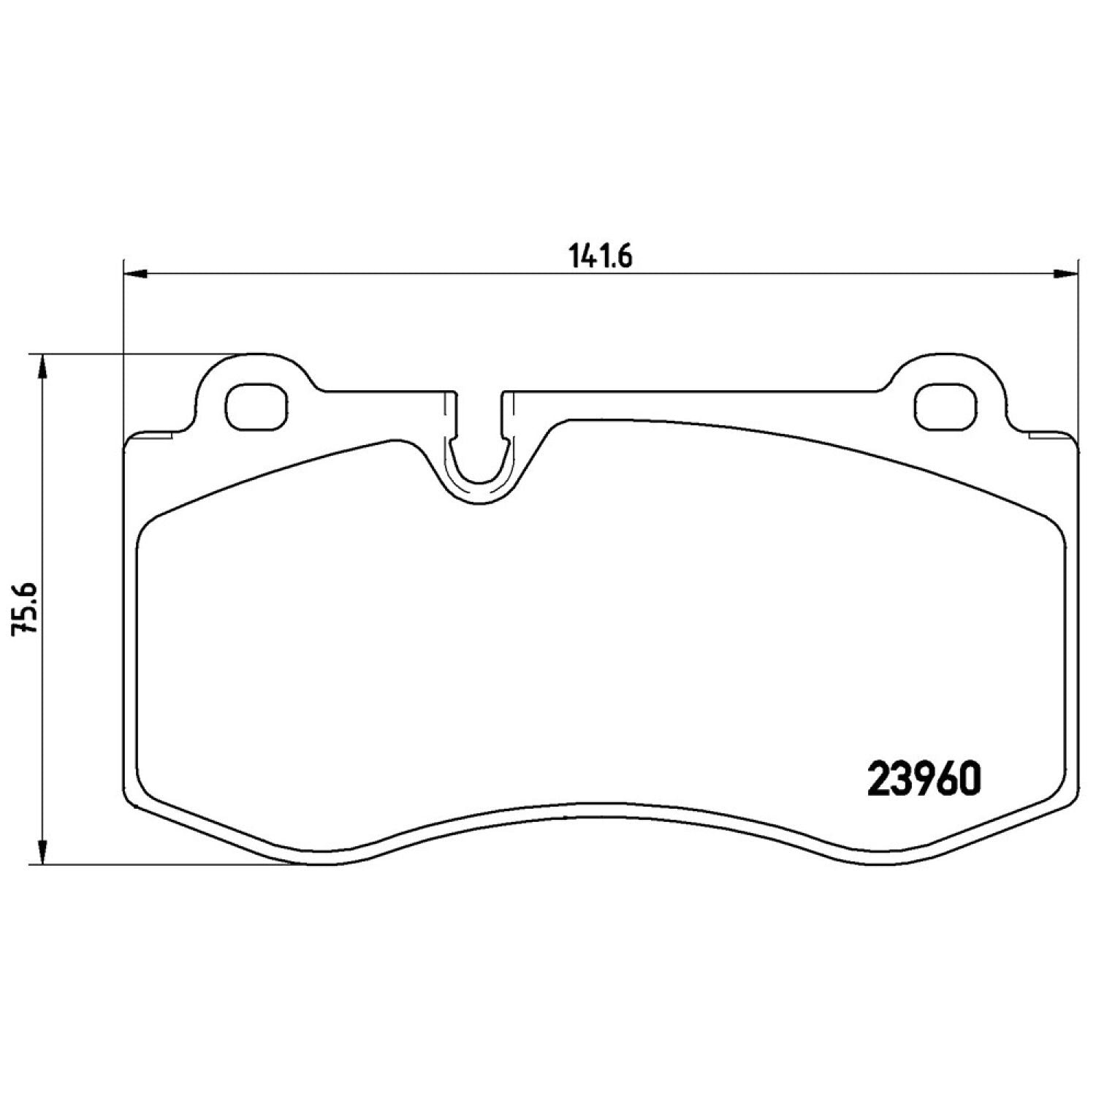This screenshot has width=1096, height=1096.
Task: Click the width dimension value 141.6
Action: [599, 257]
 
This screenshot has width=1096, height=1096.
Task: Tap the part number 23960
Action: [923, 780]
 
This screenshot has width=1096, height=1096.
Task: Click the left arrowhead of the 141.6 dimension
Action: [137, 274]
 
